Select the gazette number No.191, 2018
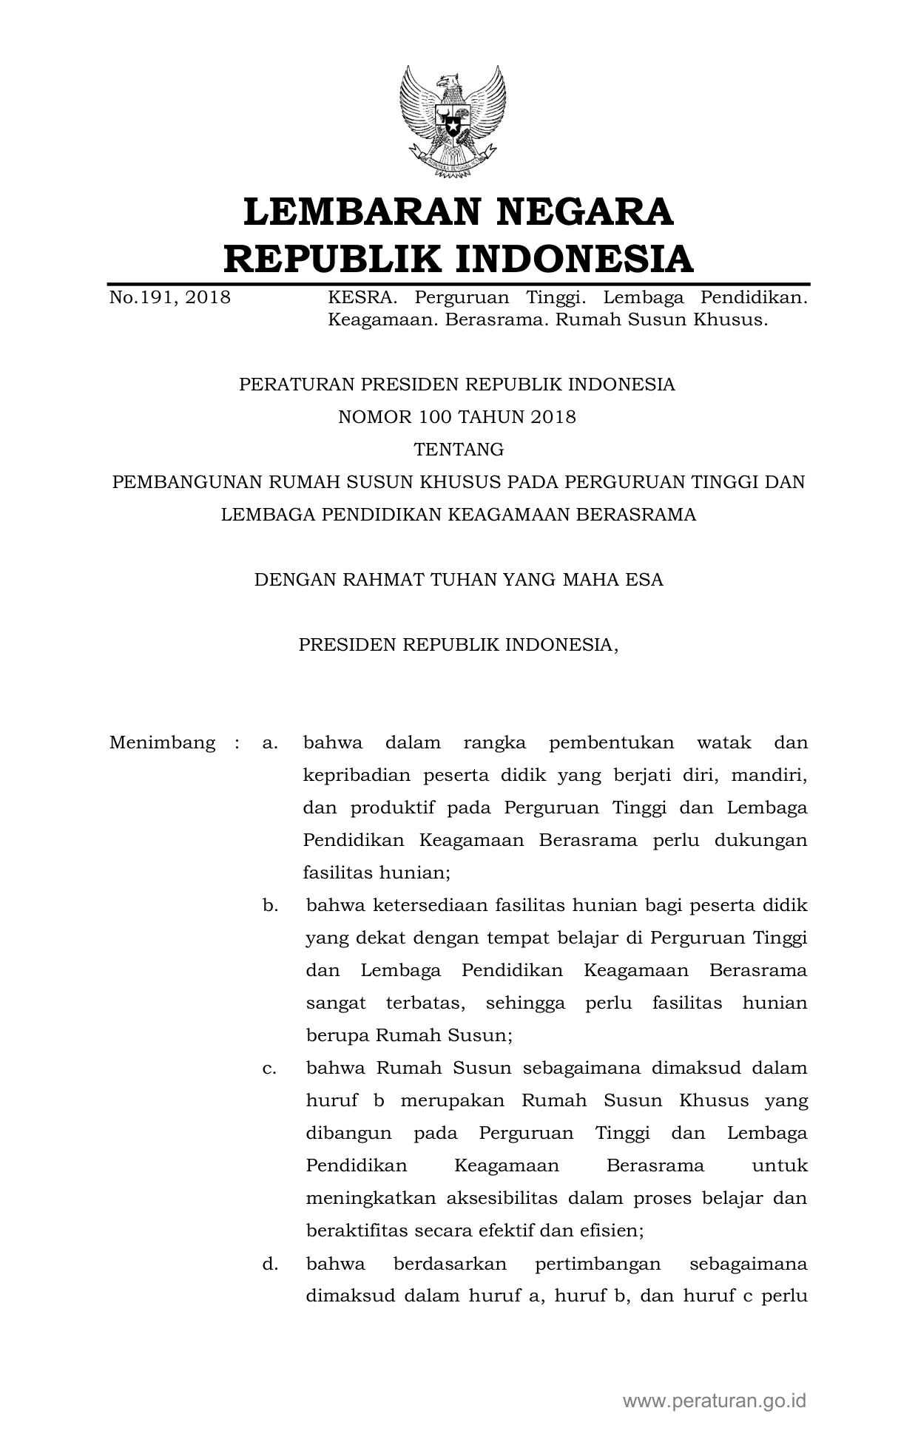(169, 298)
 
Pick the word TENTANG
(459, 450)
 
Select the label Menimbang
(162, 742)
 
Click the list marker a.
(269, 742)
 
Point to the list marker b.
(269, 905)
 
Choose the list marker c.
(269, 1068)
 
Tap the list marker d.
(269, 1264)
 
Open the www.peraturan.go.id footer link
(714, 1400)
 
